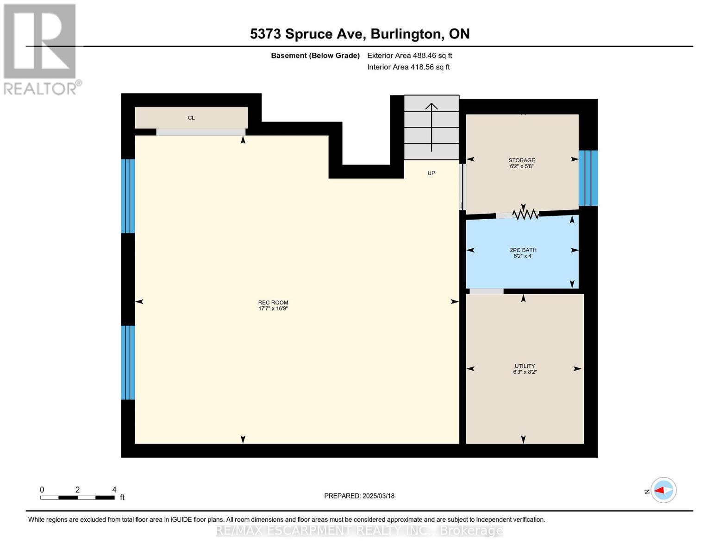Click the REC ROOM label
(x=273, y=303)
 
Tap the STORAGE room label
(x=522, y=160)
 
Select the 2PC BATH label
(x=523, y=250)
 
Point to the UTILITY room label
(x=524, y=366)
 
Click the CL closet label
(x=191, y=118)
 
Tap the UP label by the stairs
(x=431, y=173)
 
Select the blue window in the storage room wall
(x=588, y=178)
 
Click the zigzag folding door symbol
(x=525, y=214)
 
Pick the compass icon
(x=663, y=490)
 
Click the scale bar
(x=77, y=498)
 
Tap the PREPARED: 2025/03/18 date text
(x=359, y=496)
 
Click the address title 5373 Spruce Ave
(x=360, y=34)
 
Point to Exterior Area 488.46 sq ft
(x=409, y=56)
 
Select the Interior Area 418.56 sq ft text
(x=408, y=67)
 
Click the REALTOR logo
(x=40, y=49)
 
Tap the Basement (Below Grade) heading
(x=315, y=56)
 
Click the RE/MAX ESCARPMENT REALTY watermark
(x=359, y=530)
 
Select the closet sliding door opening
(x=200, y=132)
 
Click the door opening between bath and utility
(x=486, y=291)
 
